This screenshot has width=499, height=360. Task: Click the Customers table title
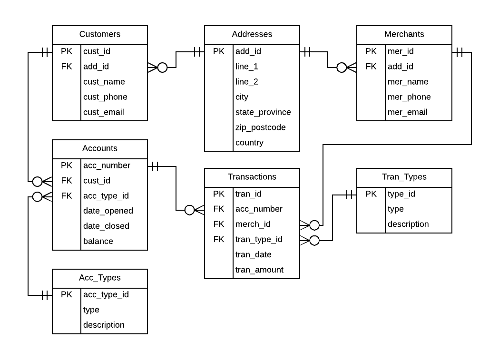coord(100,34)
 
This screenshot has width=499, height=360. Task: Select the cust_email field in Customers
coord(104,112)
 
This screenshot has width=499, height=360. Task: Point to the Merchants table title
coord(404,34)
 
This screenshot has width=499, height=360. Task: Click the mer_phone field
coord(409,97)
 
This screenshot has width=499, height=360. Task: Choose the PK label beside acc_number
coord(67,165)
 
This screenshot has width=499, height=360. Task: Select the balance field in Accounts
coord(98,241)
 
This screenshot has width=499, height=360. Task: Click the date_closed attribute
coord(106,226)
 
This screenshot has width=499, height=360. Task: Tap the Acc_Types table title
coord(100,278)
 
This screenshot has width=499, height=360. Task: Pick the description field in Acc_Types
coord(104,325)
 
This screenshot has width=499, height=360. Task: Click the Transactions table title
coord(252,177)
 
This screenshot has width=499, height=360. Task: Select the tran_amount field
coord(259,270)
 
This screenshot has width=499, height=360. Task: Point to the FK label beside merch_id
coord(219,224)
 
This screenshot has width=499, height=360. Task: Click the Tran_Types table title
coord(404,177)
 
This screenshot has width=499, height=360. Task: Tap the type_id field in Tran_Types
coord(401,194)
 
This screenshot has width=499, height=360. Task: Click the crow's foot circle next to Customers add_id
coord(162,68)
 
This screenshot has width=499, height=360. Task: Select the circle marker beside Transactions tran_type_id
coord(314,240)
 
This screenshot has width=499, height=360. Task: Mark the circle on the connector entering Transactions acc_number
coord(189,210)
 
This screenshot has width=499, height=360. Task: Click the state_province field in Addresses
coord(263,112)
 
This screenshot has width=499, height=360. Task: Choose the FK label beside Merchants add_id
coord(371,67)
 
